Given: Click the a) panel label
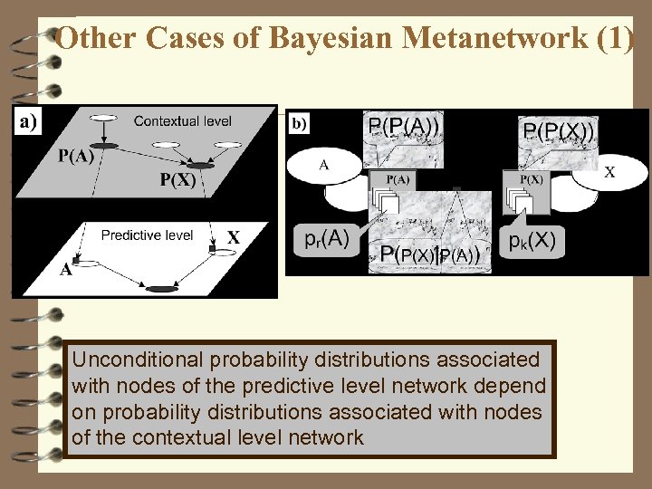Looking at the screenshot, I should (x=26, y=120).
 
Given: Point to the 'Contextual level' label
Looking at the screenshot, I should (x=182, y=120).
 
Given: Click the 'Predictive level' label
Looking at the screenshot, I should (x=147, y=235).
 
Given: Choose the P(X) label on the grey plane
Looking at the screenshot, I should (x=177, y=179).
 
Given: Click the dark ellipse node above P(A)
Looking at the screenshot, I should (x=106, y=145).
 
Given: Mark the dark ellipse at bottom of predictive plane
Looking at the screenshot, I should (x=160, y=289).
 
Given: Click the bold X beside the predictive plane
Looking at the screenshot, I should (x=234, y=238).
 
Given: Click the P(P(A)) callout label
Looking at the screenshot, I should (x=404, y=125).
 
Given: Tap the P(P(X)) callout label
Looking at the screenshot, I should (x=559, y=132).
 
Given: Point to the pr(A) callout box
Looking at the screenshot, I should (x=323, y=239).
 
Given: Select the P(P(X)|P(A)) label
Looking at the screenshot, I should (x=430, y=255).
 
